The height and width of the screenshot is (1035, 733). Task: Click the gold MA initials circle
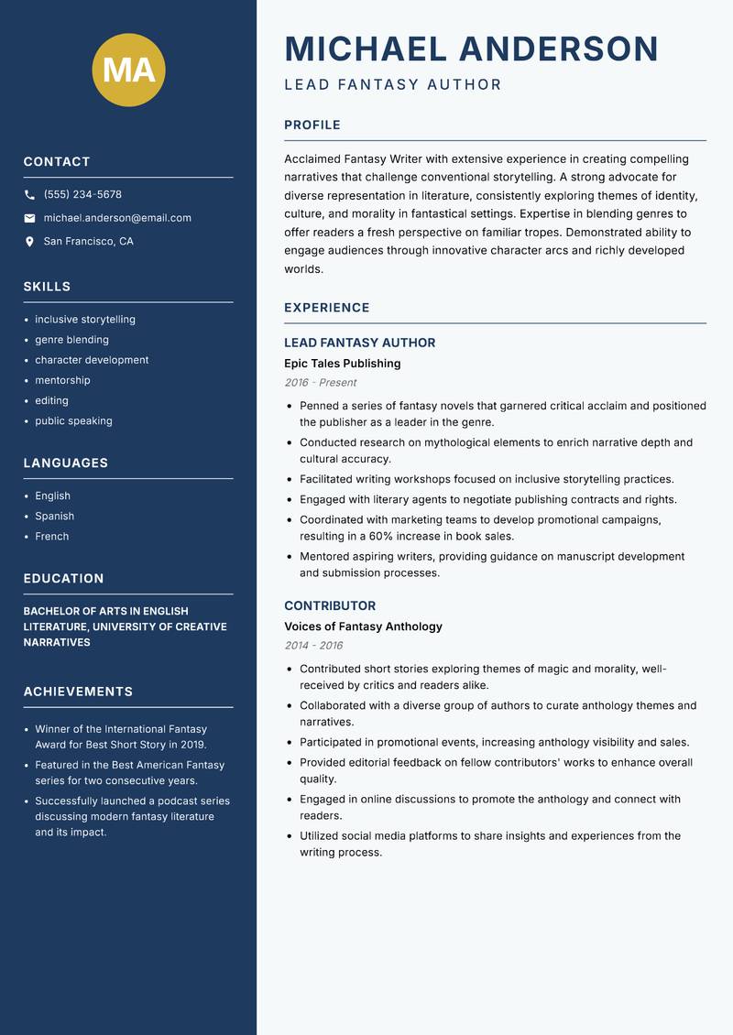click(x=128, y=70)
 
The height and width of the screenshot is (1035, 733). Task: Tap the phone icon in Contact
click(x=29, y=195)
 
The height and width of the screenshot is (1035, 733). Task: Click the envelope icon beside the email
click(x=29, y=218)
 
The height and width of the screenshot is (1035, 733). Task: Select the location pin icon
click(x=29, y=242)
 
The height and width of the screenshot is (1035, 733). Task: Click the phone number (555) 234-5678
click(x=82, y=195)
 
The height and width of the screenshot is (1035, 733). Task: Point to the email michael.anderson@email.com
click(x=117, y=218)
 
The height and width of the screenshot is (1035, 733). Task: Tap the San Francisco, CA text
click(x=88, y=242)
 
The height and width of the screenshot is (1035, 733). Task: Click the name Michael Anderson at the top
click(x=471, y=49)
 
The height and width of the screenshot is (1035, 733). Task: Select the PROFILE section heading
click(x=312, y=125)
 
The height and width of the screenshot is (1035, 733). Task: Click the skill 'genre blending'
click(x=71, y=340)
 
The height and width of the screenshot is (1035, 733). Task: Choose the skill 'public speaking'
click(x=73, y=421)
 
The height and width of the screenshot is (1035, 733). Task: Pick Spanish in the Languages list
click(x=54, y=517)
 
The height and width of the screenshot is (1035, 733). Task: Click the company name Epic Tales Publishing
click(x=342, y=364)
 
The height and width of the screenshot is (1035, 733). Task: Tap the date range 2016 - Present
click(x=320, y=383)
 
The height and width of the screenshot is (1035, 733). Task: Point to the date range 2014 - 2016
click(x=313, y=646)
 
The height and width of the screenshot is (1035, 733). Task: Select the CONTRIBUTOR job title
click(x=330, y=606)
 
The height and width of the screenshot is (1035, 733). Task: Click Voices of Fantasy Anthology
click(x=363, y=626)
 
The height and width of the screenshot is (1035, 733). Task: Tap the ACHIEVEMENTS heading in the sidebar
click(x=78, y=692)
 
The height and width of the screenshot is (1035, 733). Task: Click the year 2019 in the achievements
click(x=191, y=745)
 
